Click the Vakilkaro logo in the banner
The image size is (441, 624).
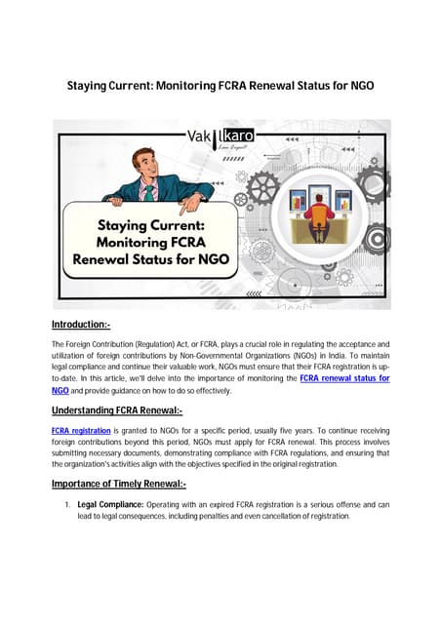[220, 137]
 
